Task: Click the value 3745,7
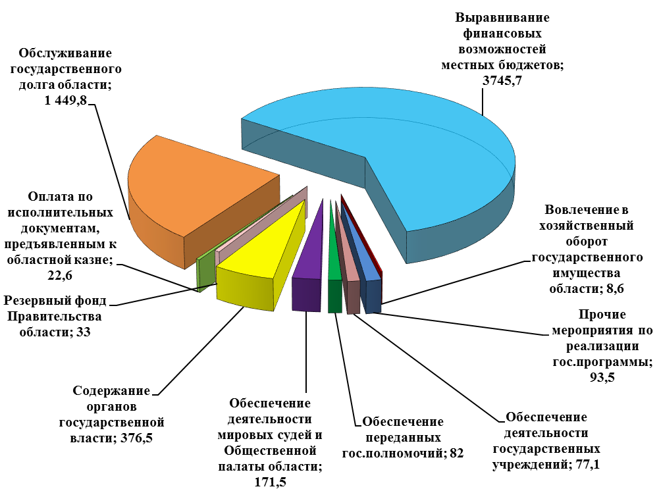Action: (502, 80)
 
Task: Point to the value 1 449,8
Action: (65, 101)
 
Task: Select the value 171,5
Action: (271, 482)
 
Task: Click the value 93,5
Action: (602, 377)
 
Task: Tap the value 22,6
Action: (59, 276)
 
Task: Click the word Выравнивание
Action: (502, 18)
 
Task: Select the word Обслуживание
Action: (65, 53)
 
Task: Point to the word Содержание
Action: (111, 391)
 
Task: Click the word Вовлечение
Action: (581, 209)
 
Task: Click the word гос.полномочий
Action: (392, 454)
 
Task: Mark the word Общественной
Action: (271, 451)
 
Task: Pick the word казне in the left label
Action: (93, 260)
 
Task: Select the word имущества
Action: (586, 273)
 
